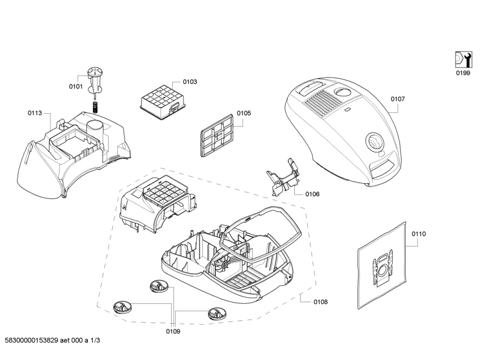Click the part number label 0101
tap(76, 86)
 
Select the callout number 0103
tap(189, 82)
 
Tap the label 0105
tap(244, 113)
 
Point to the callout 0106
tap(312, 194)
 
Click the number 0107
tap(398, 99)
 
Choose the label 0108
tap(320, 302)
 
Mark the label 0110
tap(419, 234)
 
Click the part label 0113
tap(35, 113)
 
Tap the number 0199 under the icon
tap(464, 73)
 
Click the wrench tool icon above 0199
tap(463, 59)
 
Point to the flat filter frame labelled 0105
tap(217, 135)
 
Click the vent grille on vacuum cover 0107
tap(325, 105)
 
